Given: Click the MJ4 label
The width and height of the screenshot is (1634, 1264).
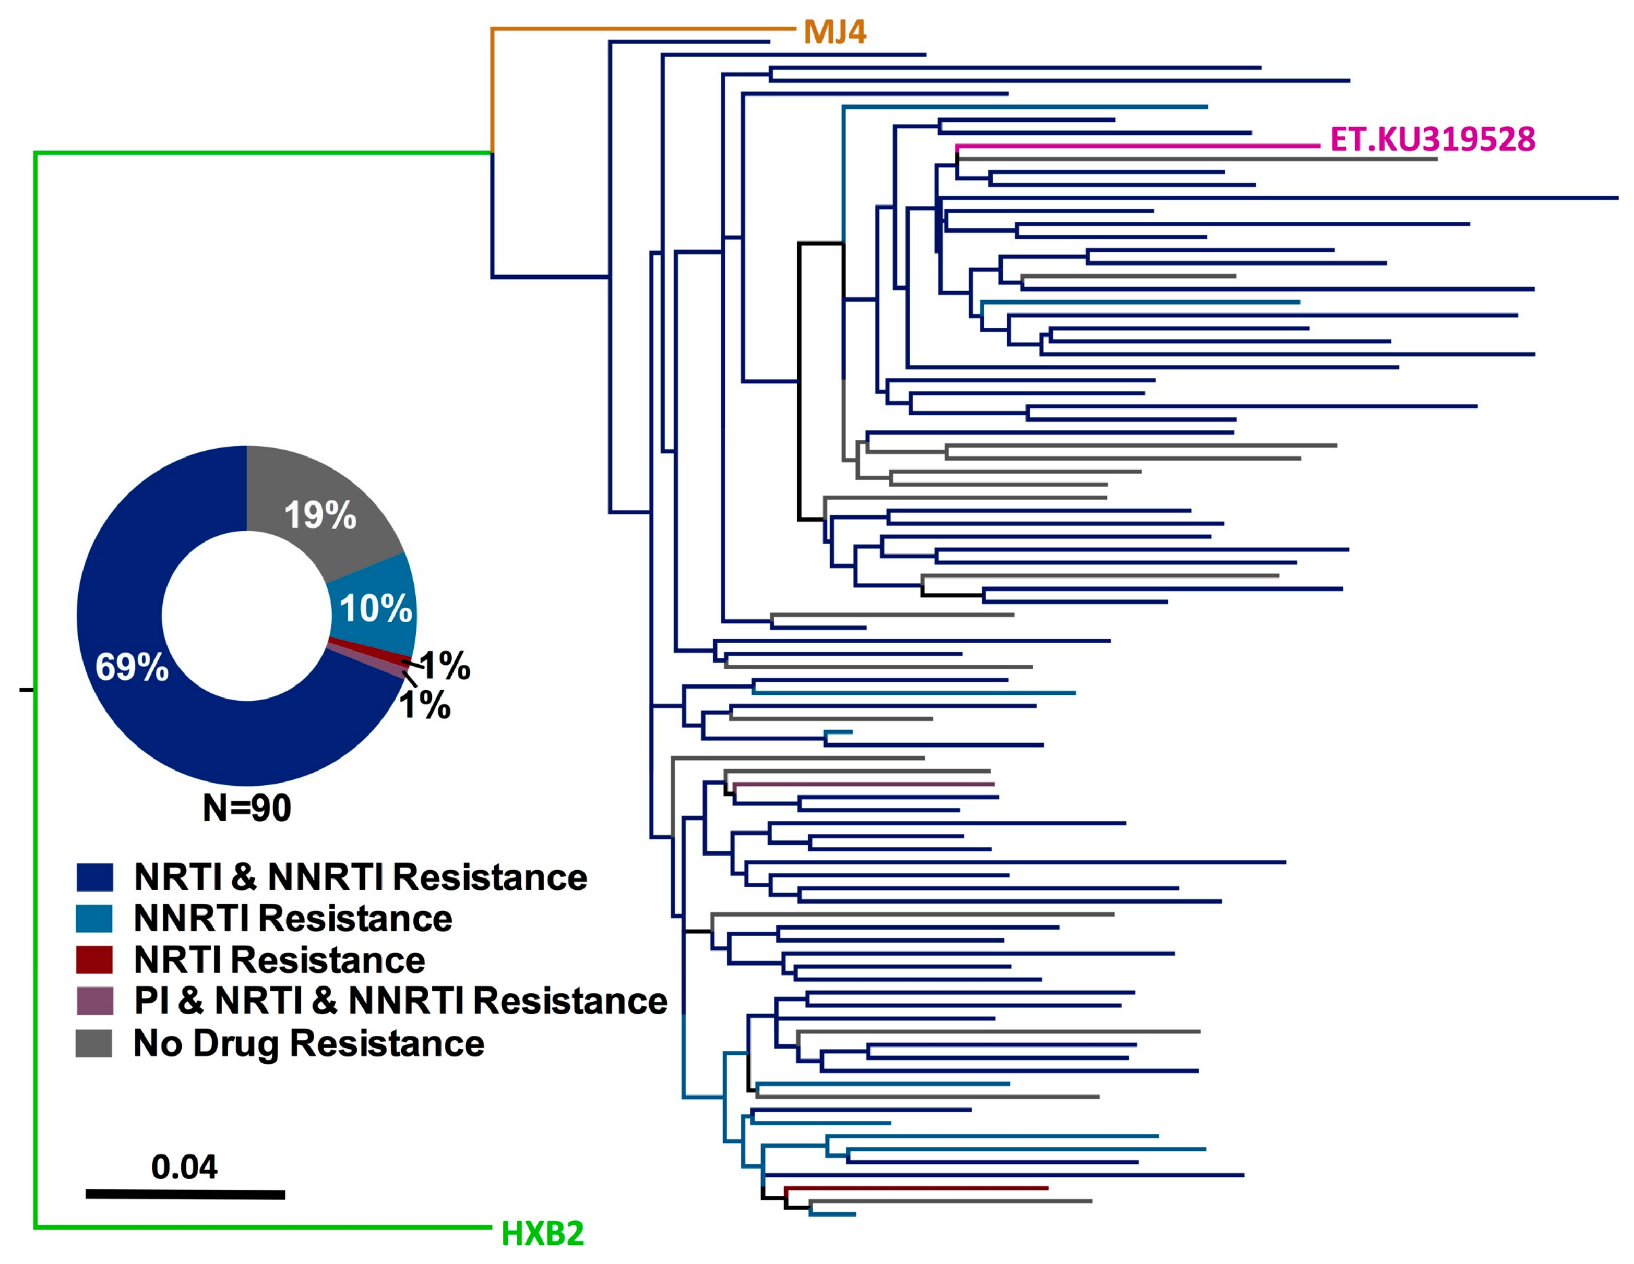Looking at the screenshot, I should (834, 32).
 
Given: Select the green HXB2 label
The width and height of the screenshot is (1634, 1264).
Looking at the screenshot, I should (542, 1233).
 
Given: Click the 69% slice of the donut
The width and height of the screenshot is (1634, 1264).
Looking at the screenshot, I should (131, 666).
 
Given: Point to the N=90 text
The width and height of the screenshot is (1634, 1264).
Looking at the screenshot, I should (247, 808).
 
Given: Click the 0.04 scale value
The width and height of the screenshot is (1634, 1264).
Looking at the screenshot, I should (184, 1167).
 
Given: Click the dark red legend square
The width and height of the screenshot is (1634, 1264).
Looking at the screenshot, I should (94, 959).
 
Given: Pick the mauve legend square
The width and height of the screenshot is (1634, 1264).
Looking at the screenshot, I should (94, 1001).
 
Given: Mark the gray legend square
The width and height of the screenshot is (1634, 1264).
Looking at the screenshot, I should (94, 1043).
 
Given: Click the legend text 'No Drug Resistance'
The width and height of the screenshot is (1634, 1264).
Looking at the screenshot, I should (308, 1043).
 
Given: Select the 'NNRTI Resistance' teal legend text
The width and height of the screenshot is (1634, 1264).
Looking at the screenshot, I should (293, 919).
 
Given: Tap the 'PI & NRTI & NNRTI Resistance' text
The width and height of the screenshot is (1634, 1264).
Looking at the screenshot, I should (400, 1001).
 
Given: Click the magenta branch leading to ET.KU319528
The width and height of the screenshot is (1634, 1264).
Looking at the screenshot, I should (1137, 146).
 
